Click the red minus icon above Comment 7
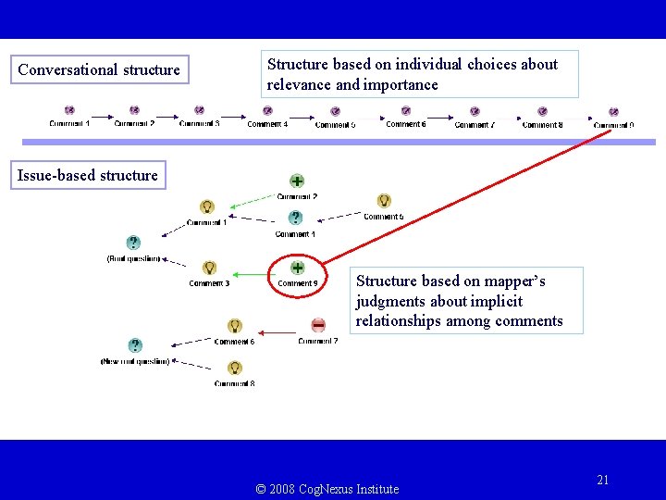click(318, 325)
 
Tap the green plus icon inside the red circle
click(297, 268)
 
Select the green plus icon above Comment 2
click(297, 181)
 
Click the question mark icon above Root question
click(134, 244)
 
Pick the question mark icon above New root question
click(135, 345)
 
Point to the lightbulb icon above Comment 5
click(384, 201)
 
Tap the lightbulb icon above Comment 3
click(209, 269)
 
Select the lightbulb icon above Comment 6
click(235, 326)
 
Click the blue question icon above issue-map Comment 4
click(295, 218)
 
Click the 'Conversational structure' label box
click(99, 69)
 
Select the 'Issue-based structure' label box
click(88, 175)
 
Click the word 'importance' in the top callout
click(402, 84)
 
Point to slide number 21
click(603, 480)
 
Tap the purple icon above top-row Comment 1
click(69, 111)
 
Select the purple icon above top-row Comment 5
click(334, 111)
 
